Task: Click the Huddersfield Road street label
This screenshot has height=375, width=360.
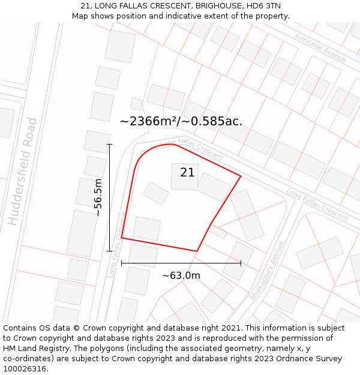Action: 23,172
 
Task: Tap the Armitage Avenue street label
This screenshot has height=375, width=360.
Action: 320,47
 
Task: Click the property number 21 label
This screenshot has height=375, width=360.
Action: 187,173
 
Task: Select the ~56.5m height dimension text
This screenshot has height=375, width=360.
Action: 98,197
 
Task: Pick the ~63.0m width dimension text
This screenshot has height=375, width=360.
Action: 181,275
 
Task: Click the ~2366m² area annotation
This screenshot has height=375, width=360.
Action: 181,121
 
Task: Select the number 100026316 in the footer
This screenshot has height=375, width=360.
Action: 26,369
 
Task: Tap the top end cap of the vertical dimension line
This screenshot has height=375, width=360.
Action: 109,144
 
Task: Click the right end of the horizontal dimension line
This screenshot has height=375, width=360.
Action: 241,263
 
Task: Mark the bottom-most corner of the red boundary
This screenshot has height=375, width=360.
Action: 197,251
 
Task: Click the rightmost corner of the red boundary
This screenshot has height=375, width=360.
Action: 241,176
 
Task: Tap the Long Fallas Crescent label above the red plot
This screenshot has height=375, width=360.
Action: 192,148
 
